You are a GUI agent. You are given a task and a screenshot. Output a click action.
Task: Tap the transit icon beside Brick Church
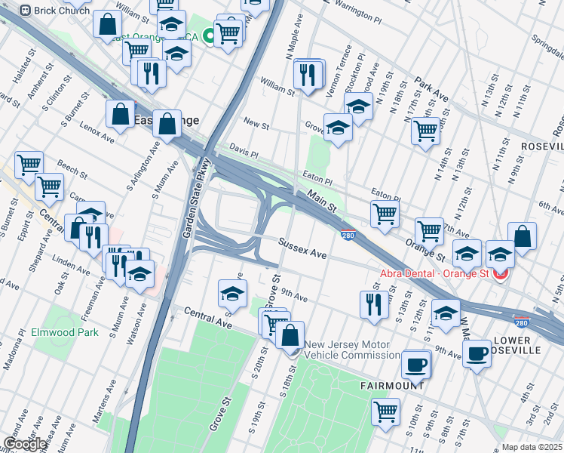(x=25, y=11)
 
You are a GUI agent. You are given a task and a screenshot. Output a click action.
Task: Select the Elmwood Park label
(x=65, y=332)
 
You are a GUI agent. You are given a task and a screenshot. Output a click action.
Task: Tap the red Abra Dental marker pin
(x=499, y=274)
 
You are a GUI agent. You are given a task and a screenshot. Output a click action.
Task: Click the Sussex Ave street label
(x=302, y=249)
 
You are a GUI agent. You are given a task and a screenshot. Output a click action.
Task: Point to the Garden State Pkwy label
(x=193, y=199)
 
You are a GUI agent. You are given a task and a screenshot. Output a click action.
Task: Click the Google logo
(x=25, y=444)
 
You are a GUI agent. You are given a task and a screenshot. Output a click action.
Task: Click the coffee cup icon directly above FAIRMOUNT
(x=415, y=365)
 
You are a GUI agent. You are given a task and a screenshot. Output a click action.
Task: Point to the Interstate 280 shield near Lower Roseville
(x=520, y=321)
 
